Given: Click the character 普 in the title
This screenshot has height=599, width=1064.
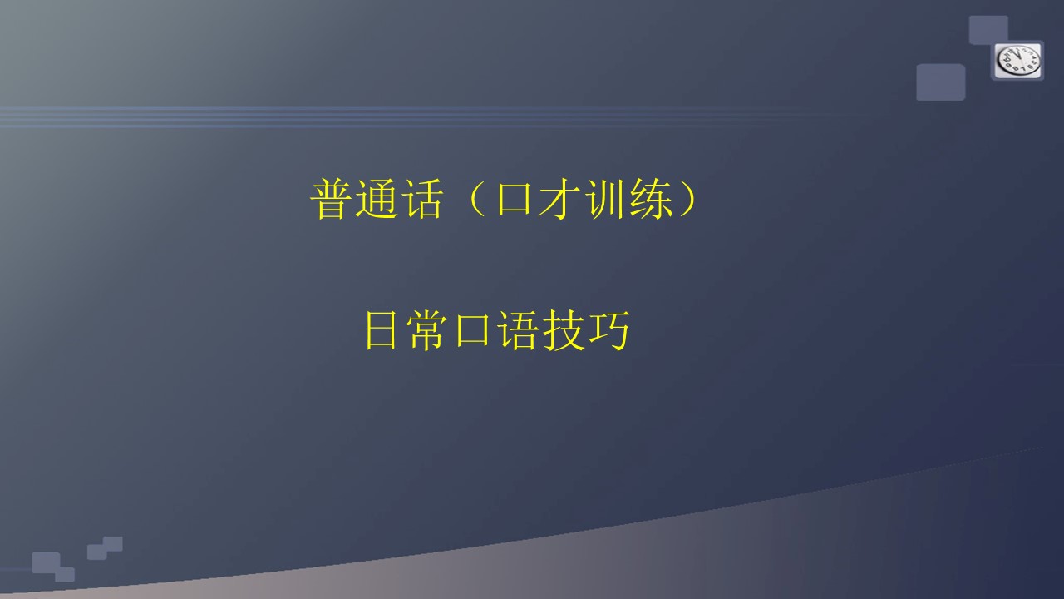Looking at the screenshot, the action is coord(331,199).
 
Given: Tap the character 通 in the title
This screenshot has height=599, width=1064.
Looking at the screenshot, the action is coord(377,199).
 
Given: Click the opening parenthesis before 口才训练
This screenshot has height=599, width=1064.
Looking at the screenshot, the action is coord(476,199).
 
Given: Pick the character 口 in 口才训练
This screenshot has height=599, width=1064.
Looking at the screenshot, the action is coord(514,198).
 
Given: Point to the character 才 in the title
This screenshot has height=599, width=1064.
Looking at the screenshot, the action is coord(559,199).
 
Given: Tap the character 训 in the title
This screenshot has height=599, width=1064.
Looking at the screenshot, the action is coord(604,199).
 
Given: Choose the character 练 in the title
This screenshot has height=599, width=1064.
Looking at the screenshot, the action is coord(651,199).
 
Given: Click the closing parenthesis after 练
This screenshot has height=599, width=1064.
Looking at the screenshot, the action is coord(688,199).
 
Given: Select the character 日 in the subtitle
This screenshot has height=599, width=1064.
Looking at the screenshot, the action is coord(381,330).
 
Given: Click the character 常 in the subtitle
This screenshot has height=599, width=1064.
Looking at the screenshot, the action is coord(426,330).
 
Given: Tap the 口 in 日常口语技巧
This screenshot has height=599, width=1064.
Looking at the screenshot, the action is coord(472,329).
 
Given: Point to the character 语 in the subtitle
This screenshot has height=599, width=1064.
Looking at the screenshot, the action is coord(518,330).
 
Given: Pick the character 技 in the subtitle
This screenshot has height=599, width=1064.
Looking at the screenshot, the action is coord(564,330).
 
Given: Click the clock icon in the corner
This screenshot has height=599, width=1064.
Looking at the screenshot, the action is coord(1017,61).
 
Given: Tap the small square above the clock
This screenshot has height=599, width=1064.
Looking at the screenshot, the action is coord(988,30).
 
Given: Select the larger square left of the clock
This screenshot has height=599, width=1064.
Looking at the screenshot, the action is coord(940,82).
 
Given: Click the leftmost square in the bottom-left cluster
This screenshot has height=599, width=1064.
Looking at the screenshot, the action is coord(46,562).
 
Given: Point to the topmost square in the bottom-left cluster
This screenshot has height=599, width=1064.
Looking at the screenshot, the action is coord(113,544).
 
